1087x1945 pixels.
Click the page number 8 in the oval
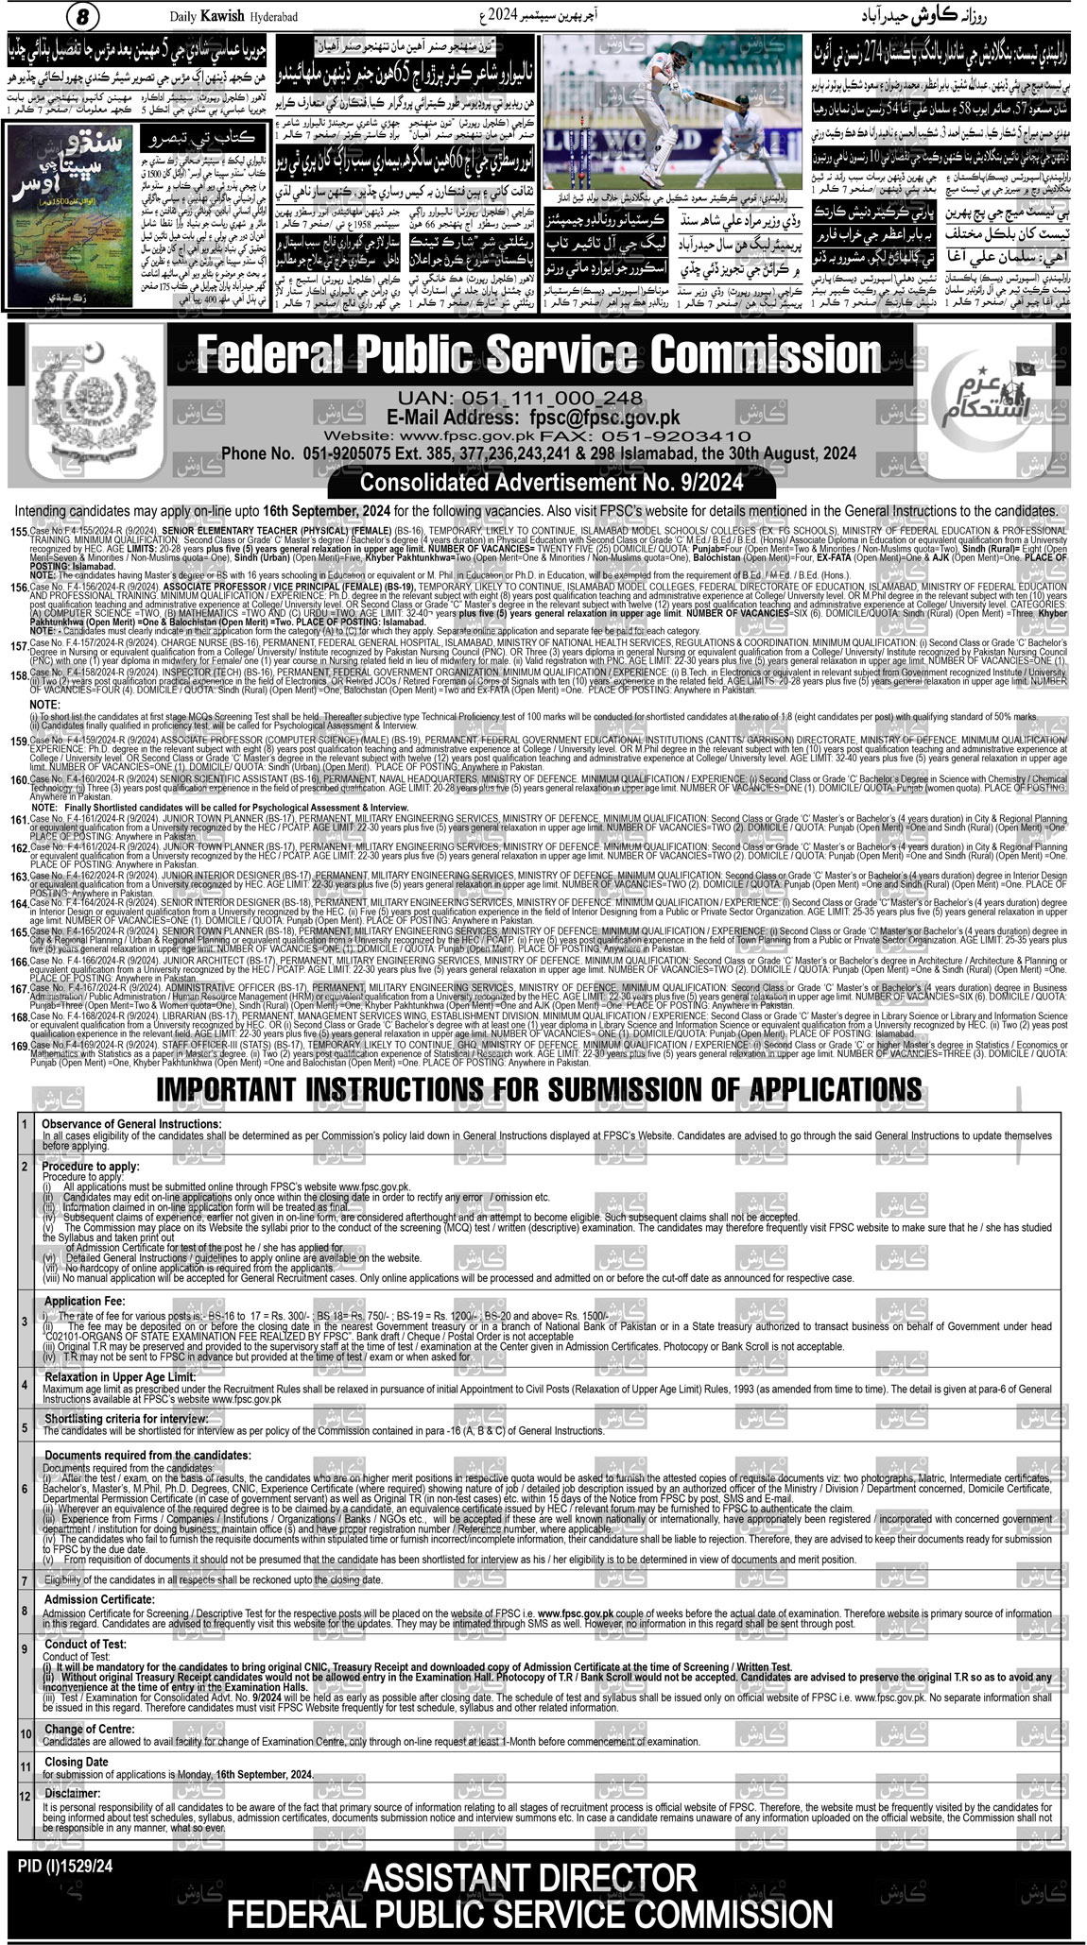(82, 17)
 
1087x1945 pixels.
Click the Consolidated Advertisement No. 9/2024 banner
(553, 482)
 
